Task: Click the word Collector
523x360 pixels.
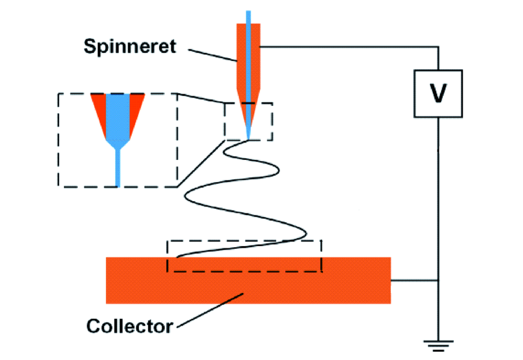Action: (x=129, y=326)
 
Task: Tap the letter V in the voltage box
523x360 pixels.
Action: (x=438, y=94)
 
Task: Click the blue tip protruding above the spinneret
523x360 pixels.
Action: (x=248, y=16)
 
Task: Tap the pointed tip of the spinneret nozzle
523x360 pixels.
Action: (x=248, y=138)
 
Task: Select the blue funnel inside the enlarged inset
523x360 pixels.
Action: (x=118, y=116)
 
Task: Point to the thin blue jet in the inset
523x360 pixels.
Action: (x=118, y=169)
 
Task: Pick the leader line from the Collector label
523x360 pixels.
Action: (x=209, y=309)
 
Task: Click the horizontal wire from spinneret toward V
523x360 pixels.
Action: (x=349, y=47)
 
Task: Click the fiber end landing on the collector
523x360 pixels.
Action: (x=180, y=256)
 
